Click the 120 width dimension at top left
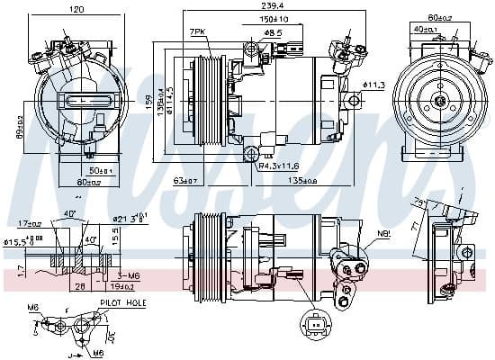[76, 9]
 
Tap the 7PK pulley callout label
[197, 32]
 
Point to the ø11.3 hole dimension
[373, 85]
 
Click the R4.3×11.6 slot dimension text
[281, 166]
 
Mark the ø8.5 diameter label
[273, 32]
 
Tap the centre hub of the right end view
[443, 102]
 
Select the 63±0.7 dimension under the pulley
[185, 180]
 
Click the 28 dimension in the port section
[80, 287]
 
